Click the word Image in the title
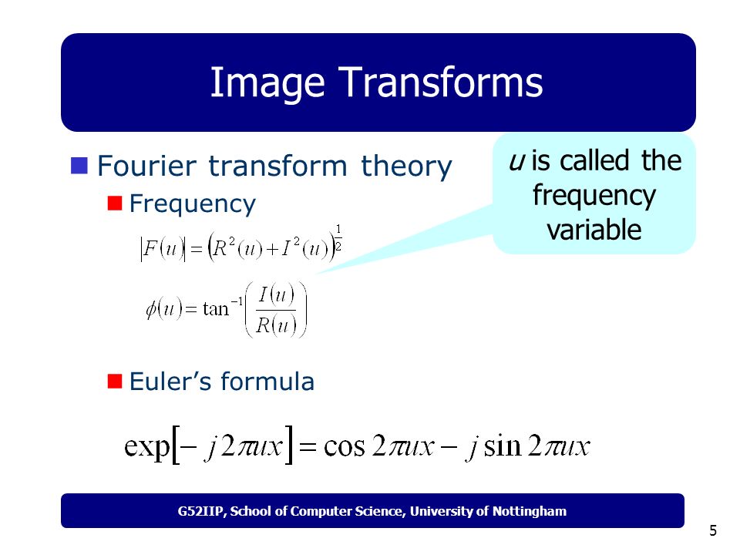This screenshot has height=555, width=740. (267, 83)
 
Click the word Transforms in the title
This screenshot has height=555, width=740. (440, 82)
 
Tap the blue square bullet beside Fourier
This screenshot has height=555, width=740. (79, 166)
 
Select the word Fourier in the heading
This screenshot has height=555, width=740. (146, 166)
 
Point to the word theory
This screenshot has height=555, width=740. (406, 166)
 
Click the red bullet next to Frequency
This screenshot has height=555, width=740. (115, 203)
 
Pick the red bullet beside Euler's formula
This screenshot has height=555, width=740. (115, 382)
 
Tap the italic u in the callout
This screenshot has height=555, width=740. (516, 161)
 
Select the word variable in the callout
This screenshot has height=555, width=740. (594, 230)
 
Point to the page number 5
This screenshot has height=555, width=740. (713, 531)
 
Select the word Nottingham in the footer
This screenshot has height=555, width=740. (530, 512)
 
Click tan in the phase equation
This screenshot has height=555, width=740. (216, 310)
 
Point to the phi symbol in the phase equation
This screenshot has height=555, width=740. (151, 310)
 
